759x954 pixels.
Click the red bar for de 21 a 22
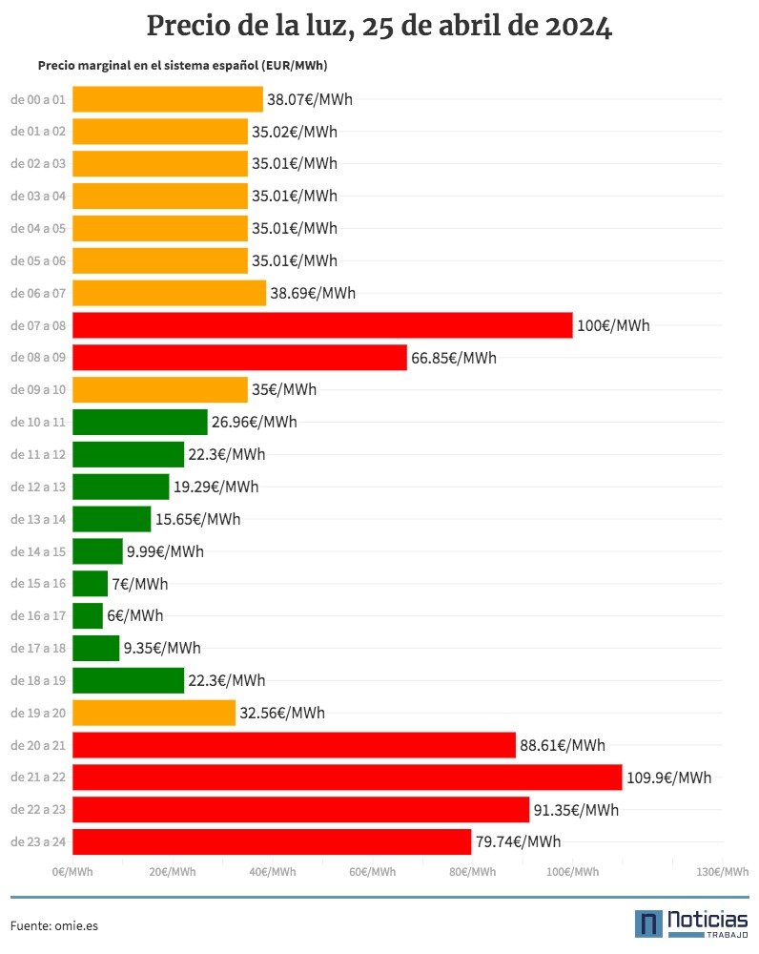(x=347, y=778)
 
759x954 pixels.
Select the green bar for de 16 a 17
(x=88, y=615)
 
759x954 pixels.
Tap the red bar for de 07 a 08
(x=322, y=325)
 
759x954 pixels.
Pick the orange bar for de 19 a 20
(x=154, y=713)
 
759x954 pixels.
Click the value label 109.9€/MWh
(x=668, y=778)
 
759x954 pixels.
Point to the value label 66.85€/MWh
(x=454, y=358)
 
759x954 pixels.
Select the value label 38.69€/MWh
(x=313, y=293)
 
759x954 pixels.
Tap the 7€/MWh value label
(x=139, y=583)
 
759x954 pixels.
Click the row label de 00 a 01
(x=38, y=99)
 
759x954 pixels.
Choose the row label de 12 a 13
(x=38, y=487)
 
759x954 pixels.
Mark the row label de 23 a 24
(x=38, y=842)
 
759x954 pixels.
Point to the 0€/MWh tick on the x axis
(x=72, y=872)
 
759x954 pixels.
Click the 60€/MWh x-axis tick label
(x=372, y=872)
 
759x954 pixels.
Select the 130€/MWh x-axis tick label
(x=722, y=872)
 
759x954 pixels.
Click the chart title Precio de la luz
(x=379, y=27)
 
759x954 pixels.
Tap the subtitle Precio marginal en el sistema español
(x=189, y=66)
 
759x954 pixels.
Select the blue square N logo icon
(x=648, y=923)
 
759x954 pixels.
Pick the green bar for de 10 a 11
(x=139, y=423)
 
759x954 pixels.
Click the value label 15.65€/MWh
(x=197, y=519)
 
